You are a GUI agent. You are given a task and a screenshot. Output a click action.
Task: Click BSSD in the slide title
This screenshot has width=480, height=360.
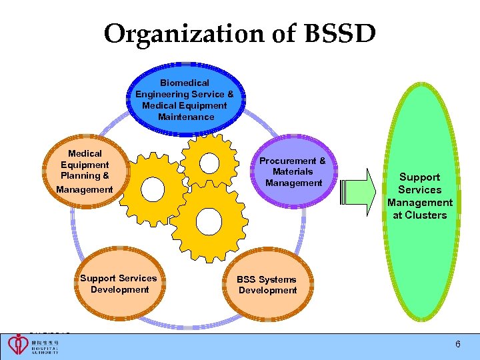[x=338, y=33]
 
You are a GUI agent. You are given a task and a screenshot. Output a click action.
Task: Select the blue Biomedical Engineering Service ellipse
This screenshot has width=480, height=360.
[x=185, y=100]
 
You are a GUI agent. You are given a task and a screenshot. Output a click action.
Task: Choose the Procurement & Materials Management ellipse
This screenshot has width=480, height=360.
[x=293, y=172]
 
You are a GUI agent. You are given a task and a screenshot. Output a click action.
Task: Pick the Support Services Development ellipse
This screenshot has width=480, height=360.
[x=119, y=284]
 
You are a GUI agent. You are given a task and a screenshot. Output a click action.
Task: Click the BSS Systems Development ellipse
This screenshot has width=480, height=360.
[x=267, y=285]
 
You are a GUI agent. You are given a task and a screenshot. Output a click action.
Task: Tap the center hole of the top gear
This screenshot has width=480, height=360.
[x=210, y=162]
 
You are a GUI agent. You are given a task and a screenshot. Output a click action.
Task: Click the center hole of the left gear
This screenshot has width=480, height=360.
[x=151, y=189]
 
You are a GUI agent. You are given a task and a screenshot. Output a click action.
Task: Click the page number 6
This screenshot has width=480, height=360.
[x=458, y=344]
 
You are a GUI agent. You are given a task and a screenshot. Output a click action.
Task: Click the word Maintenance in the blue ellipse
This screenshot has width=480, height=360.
[x=186, y=117]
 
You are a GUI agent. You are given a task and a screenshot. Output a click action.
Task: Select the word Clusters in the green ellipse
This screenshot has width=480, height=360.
[x=420, y=215]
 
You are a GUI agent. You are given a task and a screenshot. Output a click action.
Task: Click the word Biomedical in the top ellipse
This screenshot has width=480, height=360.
[x=185, y=83]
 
